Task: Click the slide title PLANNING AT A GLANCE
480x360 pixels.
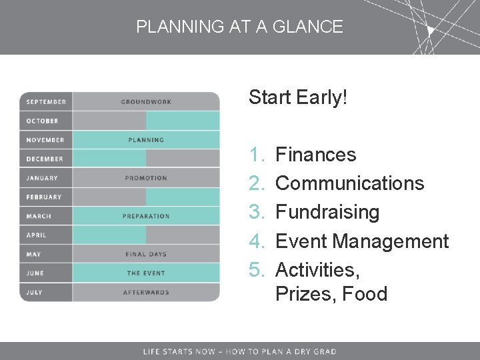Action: click(x=239, y=27)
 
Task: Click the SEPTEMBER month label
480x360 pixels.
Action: click(x=46, y=102)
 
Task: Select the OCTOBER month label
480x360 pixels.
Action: click(x=42, y=121)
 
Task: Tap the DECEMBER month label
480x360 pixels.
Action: click(x=45, y=159)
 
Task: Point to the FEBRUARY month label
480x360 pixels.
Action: click(x=44, y=197)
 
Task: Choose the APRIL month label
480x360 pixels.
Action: click(x=37, y=235)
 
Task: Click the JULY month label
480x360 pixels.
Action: click(x=34, y=292)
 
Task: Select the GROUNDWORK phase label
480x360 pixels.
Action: click(x=146, y=102)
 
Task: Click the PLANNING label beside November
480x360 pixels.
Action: click(x=146, y=140)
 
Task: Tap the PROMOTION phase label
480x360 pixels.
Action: click(x=146, y=178)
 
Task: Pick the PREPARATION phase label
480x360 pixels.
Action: click(x=146, y=216)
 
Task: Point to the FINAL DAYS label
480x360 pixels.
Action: click(x=146, y=254)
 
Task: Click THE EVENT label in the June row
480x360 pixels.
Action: click(x=146, y=273)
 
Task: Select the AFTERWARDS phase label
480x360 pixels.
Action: click(x=146, y=292)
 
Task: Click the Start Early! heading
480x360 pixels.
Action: click(x=298, y=97)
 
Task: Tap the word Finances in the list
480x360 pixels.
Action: click(x=315, y=155)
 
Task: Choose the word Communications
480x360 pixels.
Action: click(x=349, y=183)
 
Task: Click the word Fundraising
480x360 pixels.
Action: click(x=327, y=212)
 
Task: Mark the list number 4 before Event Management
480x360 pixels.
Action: click(x=257, y=241)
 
